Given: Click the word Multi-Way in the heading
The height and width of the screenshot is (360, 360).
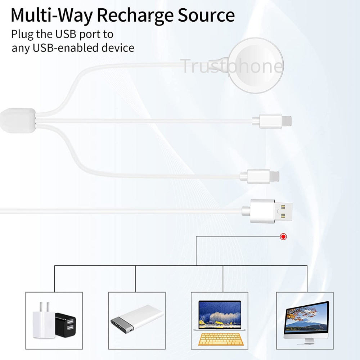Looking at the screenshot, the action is [51, 15].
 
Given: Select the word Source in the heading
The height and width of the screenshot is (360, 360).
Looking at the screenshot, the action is [206, 15].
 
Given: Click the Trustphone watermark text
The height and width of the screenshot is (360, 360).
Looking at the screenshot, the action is [231, 66].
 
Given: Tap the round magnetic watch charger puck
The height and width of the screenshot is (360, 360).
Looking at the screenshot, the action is [256, 66].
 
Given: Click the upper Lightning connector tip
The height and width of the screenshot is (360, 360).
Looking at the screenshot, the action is [287, 121].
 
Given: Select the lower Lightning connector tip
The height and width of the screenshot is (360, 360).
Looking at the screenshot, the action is [274, 176].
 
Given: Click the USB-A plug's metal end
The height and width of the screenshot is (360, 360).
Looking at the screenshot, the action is [283, 211].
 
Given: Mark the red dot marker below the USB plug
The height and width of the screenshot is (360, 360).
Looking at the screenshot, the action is [284, 237].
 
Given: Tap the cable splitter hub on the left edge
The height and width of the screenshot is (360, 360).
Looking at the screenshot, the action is [18, 120].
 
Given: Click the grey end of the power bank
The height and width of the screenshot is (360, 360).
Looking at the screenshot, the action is [122, 325].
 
